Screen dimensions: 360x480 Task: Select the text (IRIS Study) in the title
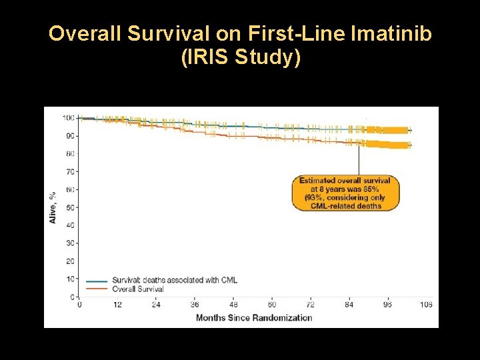pyautogui.click(x=240, y=58)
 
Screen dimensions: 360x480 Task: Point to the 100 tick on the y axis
pyautogui.click(x=68, y=118)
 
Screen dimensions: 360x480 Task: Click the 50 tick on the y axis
pyautogui.click(x=70, y=207)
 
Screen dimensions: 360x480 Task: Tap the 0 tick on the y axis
pyautogui.click(x=72, y=296)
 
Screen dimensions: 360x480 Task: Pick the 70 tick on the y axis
pyautogui.click(x=70, y=171)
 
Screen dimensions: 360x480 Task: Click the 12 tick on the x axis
pyautogui.click(x=118, y=305)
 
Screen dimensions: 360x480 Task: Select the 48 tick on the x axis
pyautogui.click(x=233, y=305)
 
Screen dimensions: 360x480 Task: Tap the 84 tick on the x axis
pyautogui.click(x=349, y=305)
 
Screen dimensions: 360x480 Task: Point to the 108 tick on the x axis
pyautogui.click(x=425, y=305)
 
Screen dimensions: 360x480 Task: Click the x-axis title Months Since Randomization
pyautogui.click(x=254, y=317)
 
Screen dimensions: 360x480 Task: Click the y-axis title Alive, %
pyautogui.click(x=53, y=207)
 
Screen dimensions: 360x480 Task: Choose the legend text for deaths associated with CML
pyautogui.click(x=175, y=280)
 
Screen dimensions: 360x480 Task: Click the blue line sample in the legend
pyautogui.click(x=97, y=281)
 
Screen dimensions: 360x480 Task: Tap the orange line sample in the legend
pyautogui.click(x=97, y=289)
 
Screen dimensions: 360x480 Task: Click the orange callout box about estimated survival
pyautogui.click(x=345, y=193)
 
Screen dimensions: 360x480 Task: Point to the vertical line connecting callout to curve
pyautogui.click(x=359, y=160)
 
